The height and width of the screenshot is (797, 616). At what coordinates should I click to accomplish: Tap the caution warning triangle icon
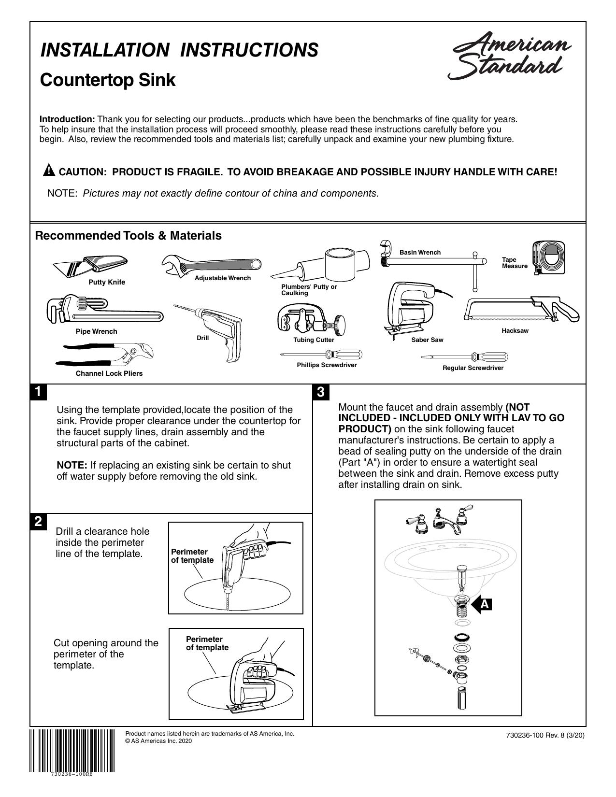point(49,171)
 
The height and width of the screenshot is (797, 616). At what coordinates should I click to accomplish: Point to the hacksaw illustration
point(521,309)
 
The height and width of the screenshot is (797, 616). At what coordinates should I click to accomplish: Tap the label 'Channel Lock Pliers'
point(109,373)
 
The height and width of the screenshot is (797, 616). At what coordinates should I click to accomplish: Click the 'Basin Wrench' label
point(420,252)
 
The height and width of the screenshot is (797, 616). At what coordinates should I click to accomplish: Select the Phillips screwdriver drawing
point(321,355)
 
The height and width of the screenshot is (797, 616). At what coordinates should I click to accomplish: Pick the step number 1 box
point(38,392)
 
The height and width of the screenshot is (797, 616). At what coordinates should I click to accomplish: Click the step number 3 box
point(321,392)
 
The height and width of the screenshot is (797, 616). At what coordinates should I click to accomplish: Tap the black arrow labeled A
point(481,604)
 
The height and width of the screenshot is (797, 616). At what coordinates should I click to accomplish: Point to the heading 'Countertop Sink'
point(107,80)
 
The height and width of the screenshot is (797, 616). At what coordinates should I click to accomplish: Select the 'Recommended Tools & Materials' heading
point(128,235)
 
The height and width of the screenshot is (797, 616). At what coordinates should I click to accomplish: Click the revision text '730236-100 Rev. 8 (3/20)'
point(545,735)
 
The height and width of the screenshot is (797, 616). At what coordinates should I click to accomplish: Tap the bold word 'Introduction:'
point(68,119)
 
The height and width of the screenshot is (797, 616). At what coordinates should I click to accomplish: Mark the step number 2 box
point(38,522)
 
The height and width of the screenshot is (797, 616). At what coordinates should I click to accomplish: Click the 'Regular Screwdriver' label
point(473,368)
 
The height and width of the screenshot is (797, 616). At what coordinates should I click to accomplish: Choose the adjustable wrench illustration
point(211,264)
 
